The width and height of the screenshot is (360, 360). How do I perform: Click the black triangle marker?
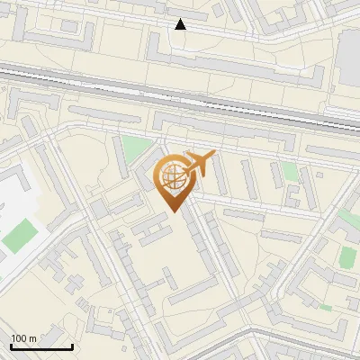181,24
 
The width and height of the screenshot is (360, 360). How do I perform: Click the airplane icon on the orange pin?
200,163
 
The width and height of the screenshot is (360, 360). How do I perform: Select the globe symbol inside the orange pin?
176,177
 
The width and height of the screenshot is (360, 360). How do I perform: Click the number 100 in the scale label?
20,337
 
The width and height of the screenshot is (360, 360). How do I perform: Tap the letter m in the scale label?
34,337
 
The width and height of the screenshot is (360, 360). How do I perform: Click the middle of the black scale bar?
41,346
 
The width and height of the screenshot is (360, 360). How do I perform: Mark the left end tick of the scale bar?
12,346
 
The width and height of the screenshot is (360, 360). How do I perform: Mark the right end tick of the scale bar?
72,346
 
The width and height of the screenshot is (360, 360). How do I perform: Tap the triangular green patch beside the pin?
135,149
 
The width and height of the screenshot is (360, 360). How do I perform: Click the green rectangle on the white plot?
20,236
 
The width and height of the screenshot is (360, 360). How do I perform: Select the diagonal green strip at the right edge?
349,219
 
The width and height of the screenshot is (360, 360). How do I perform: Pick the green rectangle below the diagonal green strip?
347,257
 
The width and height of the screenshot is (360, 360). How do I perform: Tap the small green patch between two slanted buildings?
289,171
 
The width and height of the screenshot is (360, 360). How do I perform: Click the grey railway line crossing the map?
180,93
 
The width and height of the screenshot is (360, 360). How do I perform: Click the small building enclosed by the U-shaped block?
68,26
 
